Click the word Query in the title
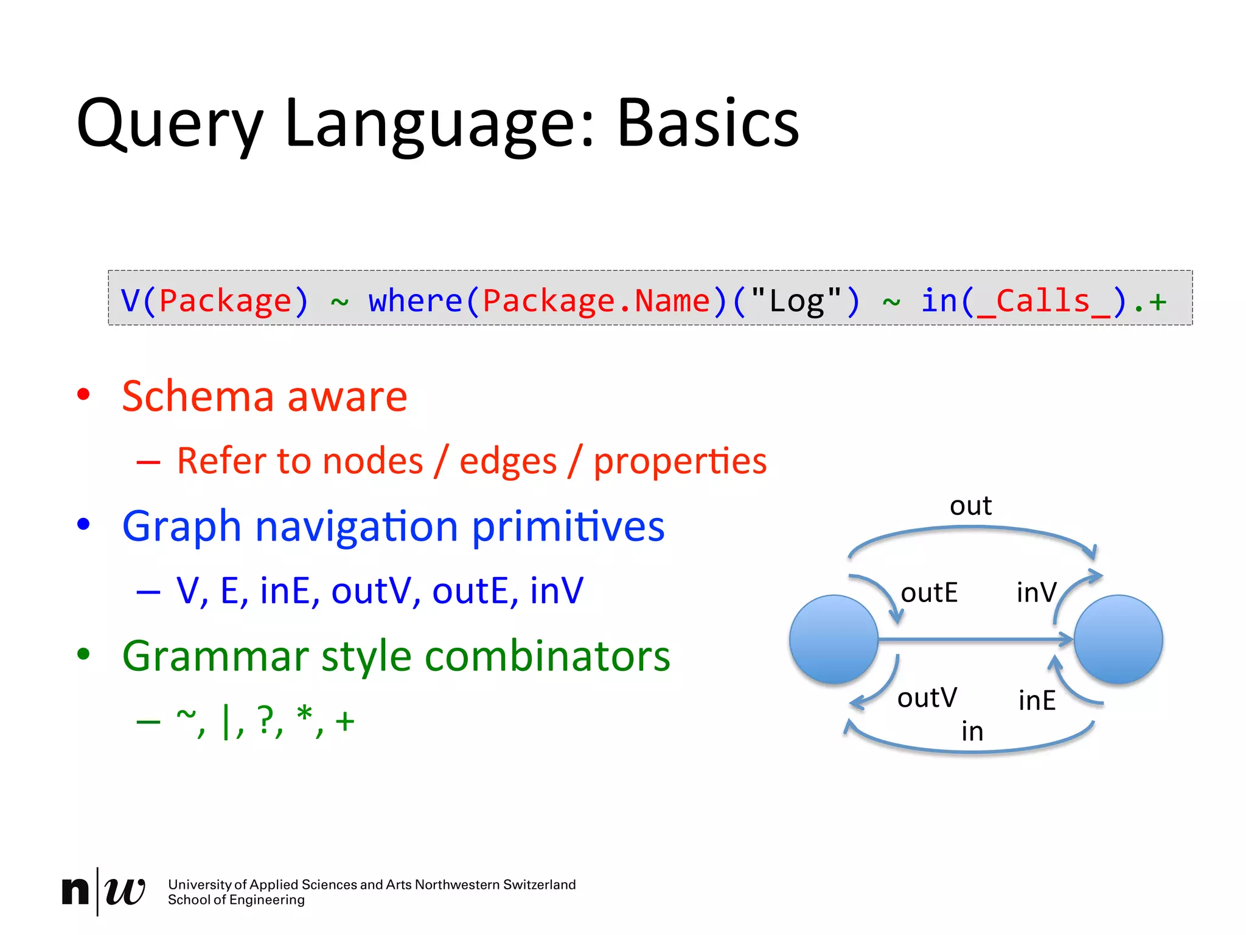(170, 125)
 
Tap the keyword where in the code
(416, 301)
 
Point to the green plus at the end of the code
(1157, 301)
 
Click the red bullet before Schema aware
(83, 394)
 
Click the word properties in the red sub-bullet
(680, 461)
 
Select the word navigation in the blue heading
(356, 526)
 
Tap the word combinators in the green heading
(547, 656)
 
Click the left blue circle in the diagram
(834, 639)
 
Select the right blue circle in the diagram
(1118, 639)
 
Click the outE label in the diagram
(928, 592)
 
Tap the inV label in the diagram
(1036, 592)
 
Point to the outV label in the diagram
(927, 698)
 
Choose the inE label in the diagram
(1037, 700)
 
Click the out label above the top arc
(970, 505)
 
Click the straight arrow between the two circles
(973, 639)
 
